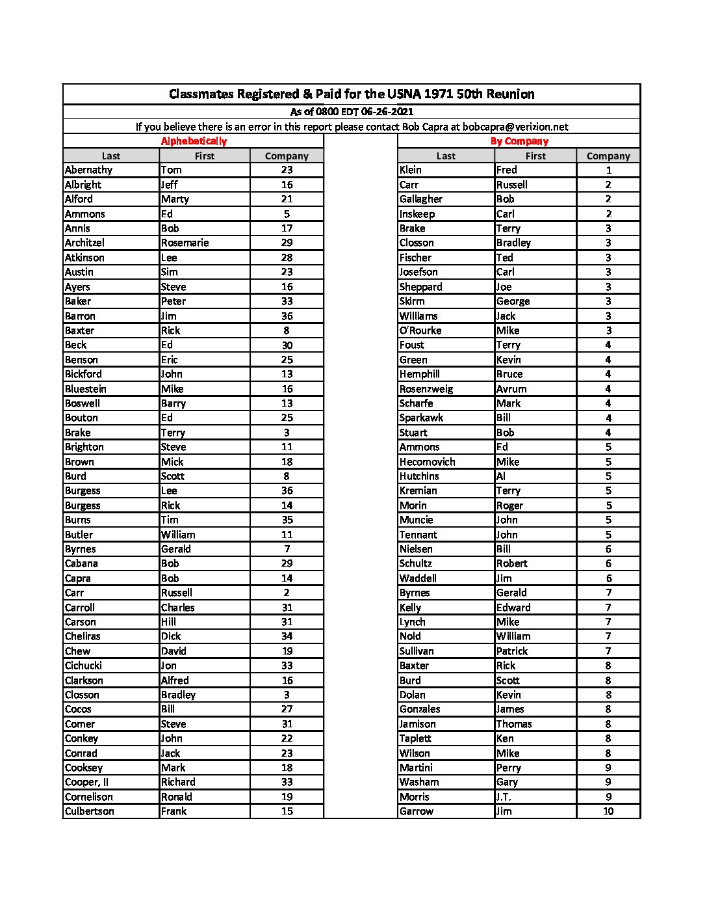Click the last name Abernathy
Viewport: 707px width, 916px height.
tap(89, 170)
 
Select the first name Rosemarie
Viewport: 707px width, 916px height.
tap(185, 243)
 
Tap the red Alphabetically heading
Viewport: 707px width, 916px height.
tap(194, 141)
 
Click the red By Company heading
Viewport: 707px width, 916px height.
tap(519, 141)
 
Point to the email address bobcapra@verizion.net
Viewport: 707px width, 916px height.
tap(515, 127)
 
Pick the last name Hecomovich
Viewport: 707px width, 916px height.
tap(427, 462)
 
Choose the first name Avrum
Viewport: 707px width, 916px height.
tap(511, 389)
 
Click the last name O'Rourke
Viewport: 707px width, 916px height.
tap(420, 330)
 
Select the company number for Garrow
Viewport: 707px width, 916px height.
tap(608, 812)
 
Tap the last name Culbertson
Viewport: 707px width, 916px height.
tap(90, 812)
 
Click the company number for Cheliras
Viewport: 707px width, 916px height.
tap(287, 637)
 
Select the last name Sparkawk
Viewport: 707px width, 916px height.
tap(421, 418)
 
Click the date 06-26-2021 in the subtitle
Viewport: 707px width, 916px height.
tap(387, 112)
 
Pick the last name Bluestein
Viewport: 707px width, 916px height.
tap(86, 389)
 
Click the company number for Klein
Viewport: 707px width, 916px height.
tap(608, 170)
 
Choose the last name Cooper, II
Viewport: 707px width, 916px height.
tap(87, 783)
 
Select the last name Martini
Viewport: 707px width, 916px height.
tap(416, 768)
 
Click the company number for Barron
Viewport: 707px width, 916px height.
tap(287, 316)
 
